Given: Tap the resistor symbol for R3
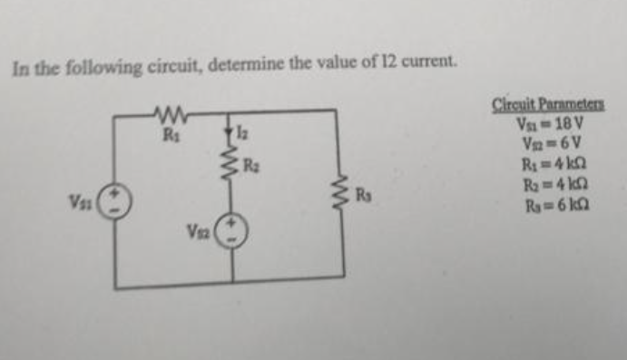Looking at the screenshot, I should click(342, 195).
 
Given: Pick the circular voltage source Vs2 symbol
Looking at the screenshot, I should click(231, 231).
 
